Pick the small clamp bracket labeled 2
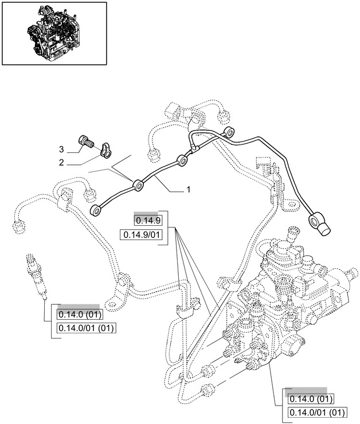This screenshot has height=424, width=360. point(105,150)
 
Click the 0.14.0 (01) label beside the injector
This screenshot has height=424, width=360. point(79,315)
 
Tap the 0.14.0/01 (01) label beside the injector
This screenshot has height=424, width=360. point(86,328)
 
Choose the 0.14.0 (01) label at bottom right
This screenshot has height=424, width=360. point(310,399)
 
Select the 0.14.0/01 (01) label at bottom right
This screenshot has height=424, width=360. point(317,413)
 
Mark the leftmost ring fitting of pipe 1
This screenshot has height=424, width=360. point(99,211)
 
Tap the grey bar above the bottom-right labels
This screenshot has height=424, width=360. point(310,390)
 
